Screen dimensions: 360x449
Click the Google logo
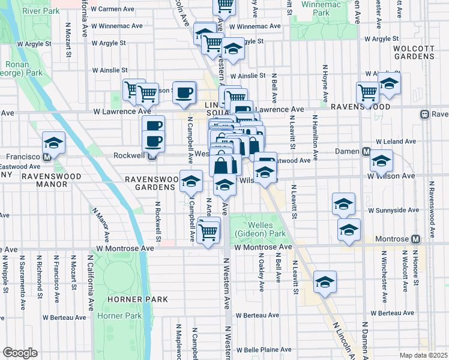tap(20, 353)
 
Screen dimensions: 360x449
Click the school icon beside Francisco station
tap(53, 143)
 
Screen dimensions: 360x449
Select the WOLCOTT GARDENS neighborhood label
tap(405, 52)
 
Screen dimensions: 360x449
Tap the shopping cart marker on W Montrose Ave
tap(208, 232)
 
